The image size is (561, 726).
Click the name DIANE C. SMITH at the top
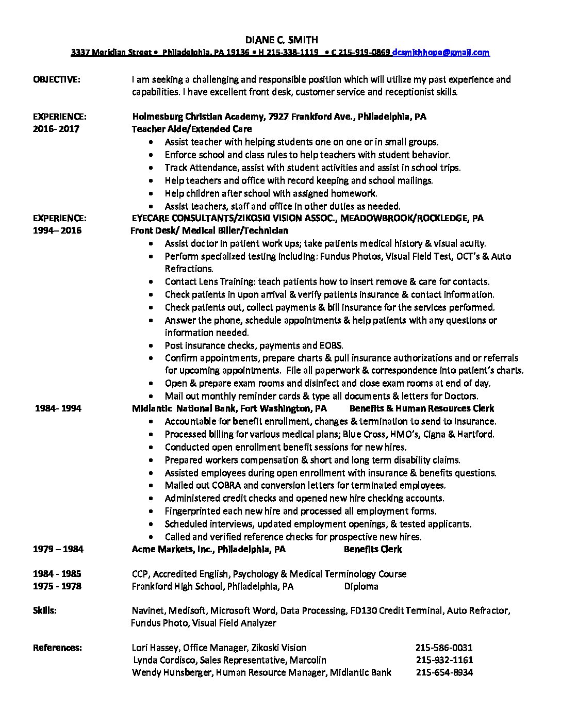[x=281, y=40]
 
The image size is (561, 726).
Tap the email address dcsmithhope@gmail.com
[x=441, y=52]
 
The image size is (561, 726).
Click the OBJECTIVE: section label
[x=57, y=79]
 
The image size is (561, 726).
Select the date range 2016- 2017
[x=56, y=129]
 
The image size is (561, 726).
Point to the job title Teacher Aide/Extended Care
[x=192, y=129]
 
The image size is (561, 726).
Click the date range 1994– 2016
[x=57, y=230]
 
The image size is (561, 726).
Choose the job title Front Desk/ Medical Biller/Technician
[x=209, y=230]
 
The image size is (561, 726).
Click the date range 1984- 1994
[x=58, y=408]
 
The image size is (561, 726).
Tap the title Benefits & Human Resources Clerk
[x=421, y=408]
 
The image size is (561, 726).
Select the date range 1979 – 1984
[x=58, y=549]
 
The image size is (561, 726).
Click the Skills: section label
[x=45, y=610]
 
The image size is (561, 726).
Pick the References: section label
[x=57, y=648]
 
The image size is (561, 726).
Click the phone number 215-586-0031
[x=443, y=648]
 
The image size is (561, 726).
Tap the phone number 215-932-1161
[x=443, y=660]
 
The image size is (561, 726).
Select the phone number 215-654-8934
[x=443, y=672]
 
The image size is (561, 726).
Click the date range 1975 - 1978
[x=57, y=586]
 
